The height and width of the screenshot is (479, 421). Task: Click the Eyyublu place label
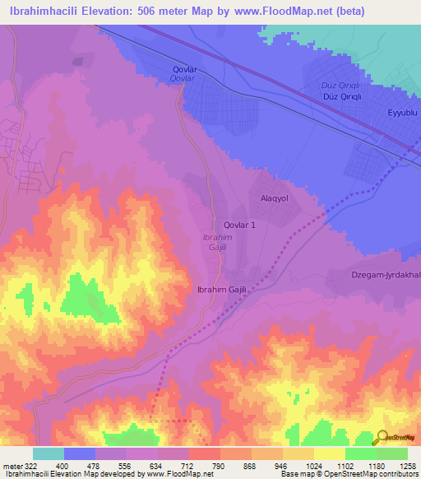click(403, 112)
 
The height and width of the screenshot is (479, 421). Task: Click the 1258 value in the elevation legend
click(406, 465)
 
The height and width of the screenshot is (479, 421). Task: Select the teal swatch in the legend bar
click(49, 453)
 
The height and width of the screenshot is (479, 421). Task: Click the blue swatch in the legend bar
click(80, 453)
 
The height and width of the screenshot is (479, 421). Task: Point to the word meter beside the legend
click(11, 465)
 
